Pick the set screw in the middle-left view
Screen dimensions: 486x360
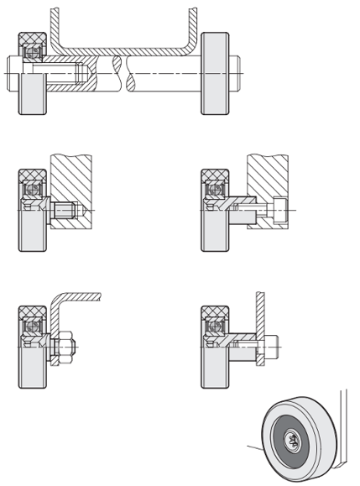coord(65,210)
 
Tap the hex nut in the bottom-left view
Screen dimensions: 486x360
coord(67,344)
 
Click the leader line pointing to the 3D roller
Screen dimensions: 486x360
coord(254,448)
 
